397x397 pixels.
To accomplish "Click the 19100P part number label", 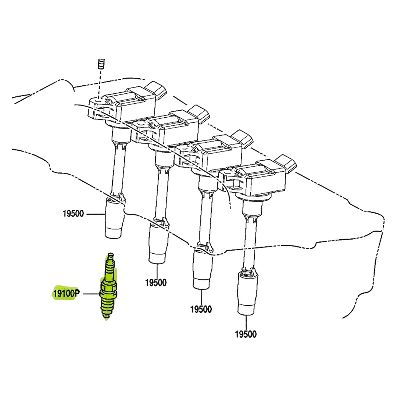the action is [66, 294].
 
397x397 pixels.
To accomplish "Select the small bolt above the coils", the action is [101, 64].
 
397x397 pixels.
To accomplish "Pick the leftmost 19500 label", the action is [73, 214].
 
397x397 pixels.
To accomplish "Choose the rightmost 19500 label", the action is [246, 334].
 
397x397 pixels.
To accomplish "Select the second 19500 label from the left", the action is [156, 283].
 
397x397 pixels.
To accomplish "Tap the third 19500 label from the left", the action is [201, 309].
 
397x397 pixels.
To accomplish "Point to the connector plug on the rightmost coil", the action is [286, 162].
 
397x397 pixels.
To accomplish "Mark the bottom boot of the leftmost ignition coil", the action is [115, 217].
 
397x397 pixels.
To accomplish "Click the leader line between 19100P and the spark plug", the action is [92, 294].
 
